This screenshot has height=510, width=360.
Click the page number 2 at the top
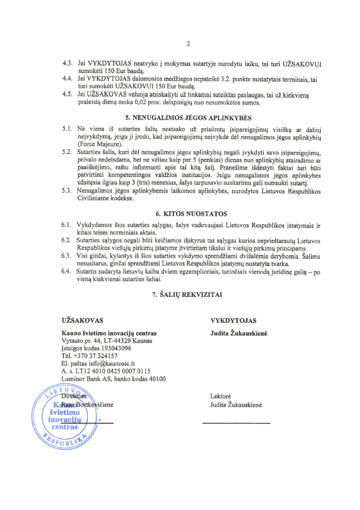point(188,44)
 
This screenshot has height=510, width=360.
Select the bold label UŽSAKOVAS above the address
point(83,320)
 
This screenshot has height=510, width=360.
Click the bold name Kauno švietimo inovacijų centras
point(109,333)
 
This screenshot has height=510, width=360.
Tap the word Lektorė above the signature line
point(220,397)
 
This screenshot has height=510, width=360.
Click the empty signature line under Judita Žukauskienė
point(236,422)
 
